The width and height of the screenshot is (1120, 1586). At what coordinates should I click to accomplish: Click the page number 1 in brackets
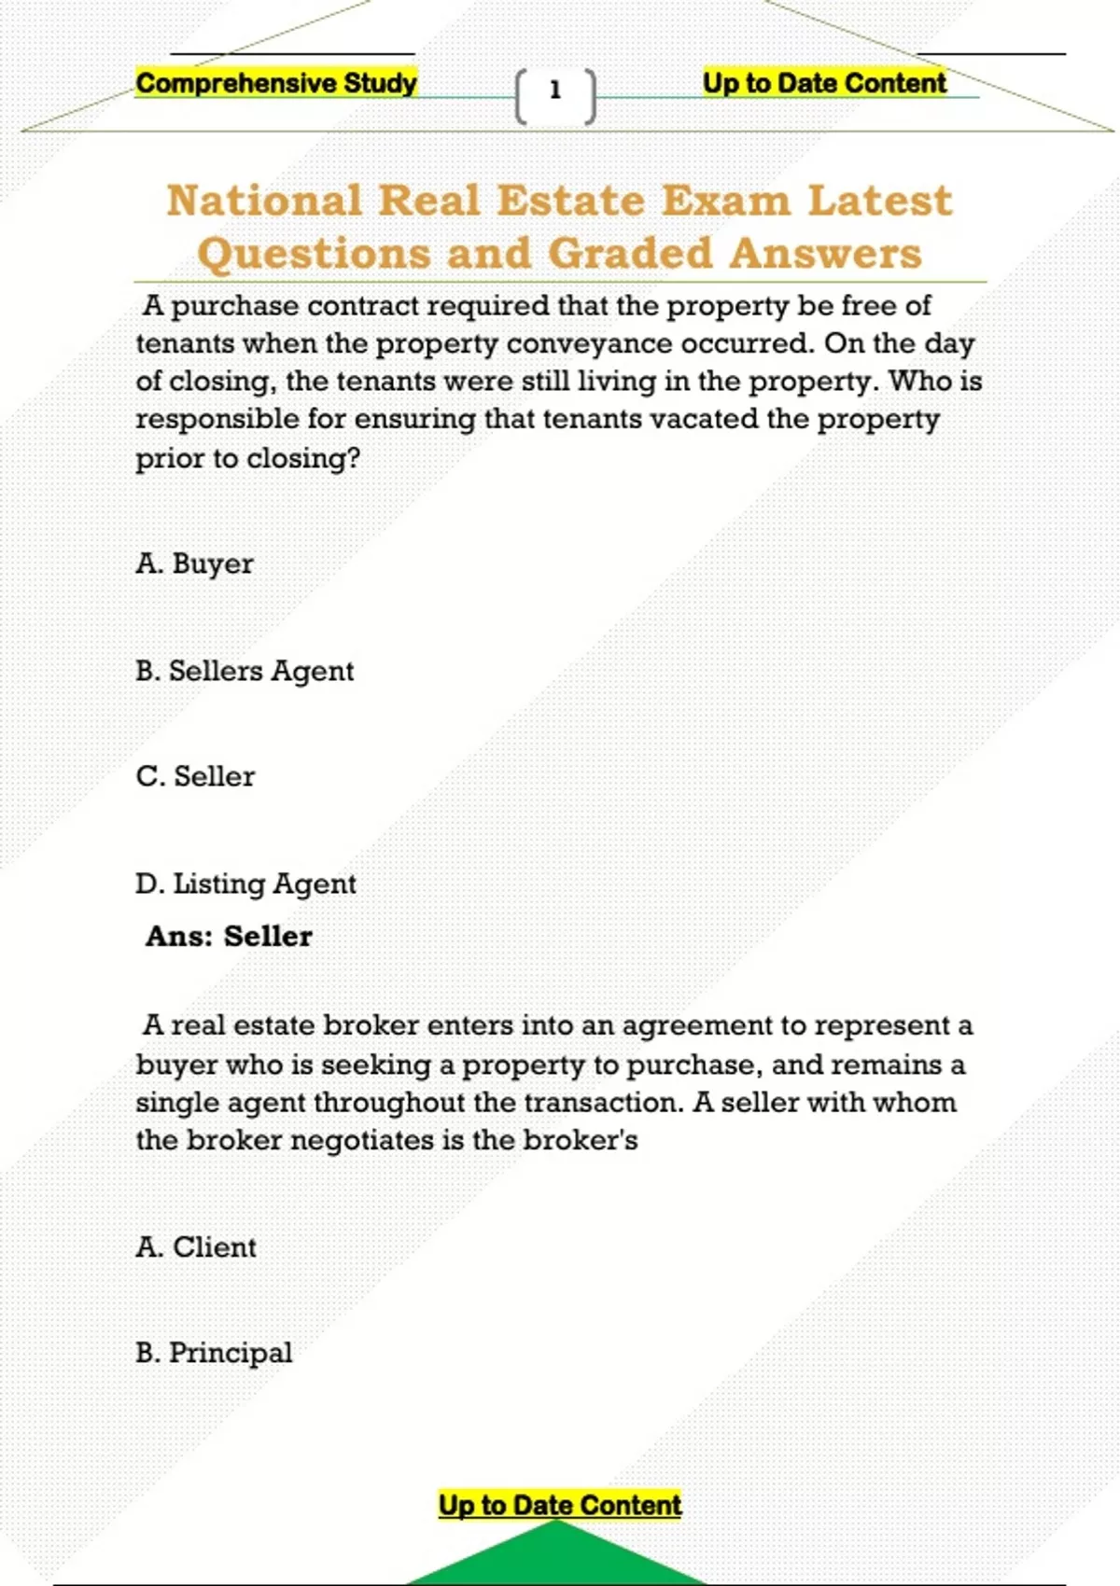point(555,90)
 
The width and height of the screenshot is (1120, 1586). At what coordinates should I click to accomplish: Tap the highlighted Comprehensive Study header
point(276,83)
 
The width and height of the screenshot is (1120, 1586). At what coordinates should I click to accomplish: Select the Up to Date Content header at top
point(824,83)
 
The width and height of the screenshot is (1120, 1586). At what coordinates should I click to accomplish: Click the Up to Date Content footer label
point(560,1505)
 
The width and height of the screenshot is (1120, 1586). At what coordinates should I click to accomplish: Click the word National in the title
point(264,201)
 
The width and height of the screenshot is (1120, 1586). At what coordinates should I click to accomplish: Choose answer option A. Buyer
point(194,563)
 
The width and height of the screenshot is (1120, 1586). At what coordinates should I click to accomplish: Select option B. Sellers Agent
point(245,671)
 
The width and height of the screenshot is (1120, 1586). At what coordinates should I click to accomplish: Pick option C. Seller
point(195,776)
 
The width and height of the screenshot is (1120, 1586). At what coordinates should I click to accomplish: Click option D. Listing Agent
point(245,883)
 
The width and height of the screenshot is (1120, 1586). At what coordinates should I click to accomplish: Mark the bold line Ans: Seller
point(229,936)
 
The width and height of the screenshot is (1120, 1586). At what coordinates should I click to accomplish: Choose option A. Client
point(196,1247)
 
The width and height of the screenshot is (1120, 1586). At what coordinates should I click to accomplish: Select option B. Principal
point(214,1353)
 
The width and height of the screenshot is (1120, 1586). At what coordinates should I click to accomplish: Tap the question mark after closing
point(353,458)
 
